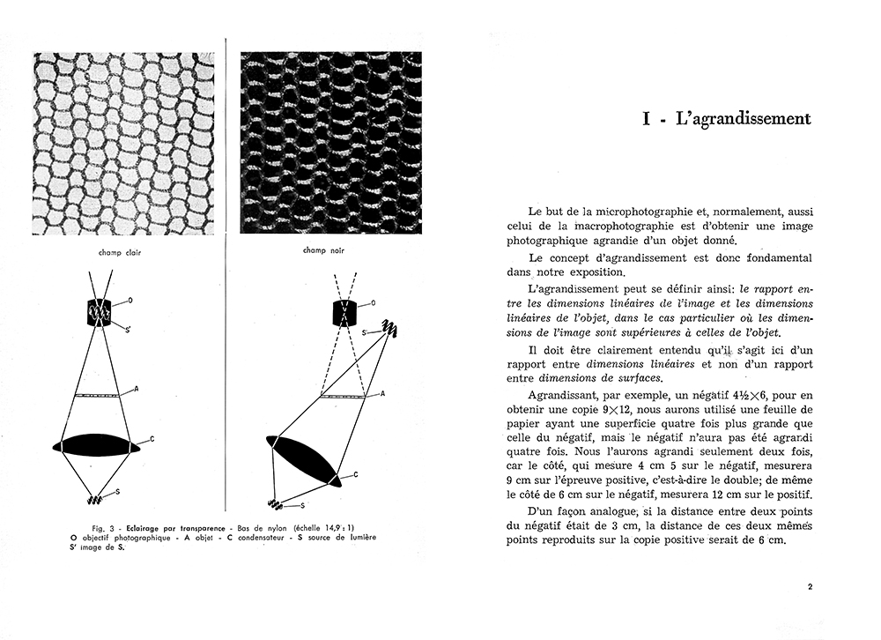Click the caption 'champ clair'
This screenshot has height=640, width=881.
(x=122, y=253)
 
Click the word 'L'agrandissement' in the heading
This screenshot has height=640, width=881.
(x=742, y=118)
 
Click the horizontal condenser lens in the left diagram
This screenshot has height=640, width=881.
(x=96, y=444)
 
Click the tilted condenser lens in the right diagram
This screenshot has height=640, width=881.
(x=303, y=459)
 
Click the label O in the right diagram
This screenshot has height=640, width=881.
(x=373, y=302)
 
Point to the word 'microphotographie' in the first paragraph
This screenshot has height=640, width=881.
(x=619, y=212)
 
